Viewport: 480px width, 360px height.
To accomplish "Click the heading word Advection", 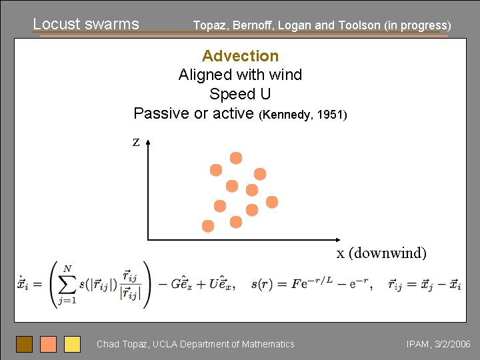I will coord(240,56).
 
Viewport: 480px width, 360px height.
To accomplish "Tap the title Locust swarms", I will coord(86,25).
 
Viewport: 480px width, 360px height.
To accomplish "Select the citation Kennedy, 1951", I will coord(304,115).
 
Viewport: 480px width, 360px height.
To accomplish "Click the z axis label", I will coord(136,141).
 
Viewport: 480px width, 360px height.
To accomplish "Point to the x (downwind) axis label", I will coord(381,253).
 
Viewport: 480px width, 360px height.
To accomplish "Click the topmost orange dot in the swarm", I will coord(236,158).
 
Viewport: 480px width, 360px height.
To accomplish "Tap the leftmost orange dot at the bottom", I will coord(208,226).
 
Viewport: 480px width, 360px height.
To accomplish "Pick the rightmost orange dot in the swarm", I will coord(272,202).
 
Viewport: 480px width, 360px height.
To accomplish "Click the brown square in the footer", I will coord(25,344).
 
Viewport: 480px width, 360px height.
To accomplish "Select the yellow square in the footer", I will coord(72,344).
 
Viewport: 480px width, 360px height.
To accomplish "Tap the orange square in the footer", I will coord(48,344).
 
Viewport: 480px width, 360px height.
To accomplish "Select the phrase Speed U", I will coord(240,94).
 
